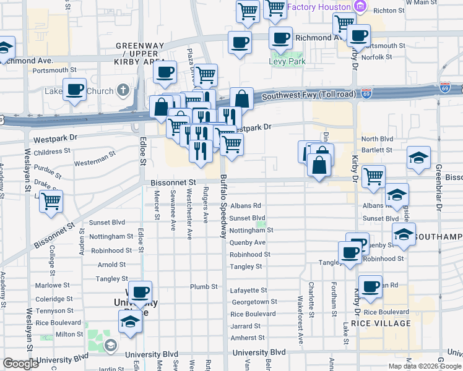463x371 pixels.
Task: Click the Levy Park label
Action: point(287,62)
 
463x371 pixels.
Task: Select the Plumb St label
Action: point(204,287)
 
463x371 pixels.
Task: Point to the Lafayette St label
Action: point(248,290)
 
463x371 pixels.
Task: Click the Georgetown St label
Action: point(254,302)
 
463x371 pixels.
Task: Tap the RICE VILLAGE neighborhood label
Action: point(381,323)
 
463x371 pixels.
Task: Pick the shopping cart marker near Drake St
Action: point(51,200)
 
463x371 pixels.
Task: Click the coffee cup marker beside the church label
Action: point(76,89)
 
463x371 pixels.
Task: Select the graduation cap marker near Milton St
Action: point(130,322)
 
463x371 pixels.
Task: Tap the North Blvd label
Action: point(377,140)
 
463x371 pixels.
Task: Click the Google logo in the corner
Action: point(20,364)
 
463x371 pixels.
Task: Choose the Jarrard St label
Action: point(245,326)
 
